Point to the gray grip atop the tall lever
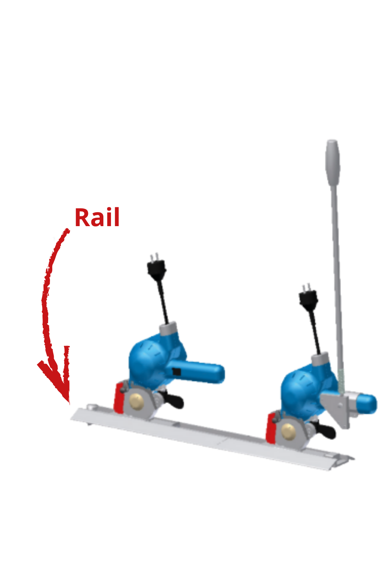point(333,163)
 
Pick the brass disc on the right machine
point(288,430)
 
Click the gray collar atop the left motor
point(168,329)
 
